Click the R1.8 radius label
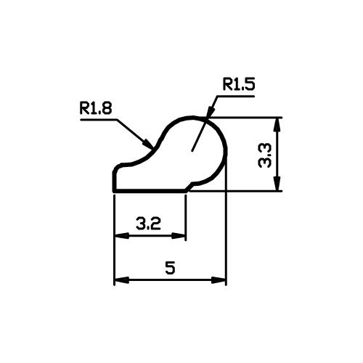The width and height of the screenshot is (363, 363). (x=96, y=108)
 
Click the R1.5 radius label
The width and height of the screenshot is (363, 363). (x=239, y=84)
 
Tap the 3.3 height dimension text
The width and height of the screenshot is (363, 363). (x=265, y=155)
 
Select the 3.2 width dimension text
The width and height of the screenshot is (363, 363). (x=148, y=224)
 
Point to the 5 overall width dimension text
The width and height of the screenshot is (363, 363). (x=170, y=267)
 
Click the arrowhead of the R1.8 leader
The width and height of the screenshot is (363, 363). (x=148, y=144)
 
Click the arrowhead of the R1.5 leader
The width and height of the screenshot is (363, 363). (x=210, y=112)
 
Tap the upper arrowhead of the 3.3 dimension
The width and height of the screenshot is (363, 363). (x=278, y=124)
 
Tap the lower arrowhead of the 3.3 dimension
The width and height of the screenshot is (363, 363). (x=278, y=184)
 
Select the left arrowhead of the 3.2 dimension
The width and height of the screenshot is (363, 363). (x=122, y=235)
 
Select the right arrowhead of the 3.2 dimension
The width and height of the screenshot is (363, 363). (x=179, y=235)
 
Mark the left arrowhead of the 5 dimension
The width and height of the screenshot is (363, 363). (x=122, y=280)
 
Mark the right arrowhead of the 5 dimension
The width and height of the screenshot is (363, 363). (x=219, y=280)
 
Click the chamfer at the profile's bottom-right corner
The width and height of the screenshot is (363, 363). (x=189, y=187)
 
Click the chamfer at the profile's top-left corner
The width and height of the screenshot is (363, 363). (x=117, y=168)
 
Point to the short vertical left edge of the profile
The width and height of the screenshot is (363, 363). (x=114, y=181)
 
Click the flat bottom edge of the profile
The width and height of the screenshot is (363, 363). (x=150, y=191)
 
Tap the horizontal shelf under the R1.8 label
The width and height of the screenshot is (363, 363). (x=99, y=119)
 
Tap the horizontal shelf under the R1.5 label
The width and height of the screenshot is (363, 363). (x=236, y=96)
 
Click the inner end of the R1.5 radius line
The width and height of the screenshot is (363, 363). (x=192, y=151)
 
